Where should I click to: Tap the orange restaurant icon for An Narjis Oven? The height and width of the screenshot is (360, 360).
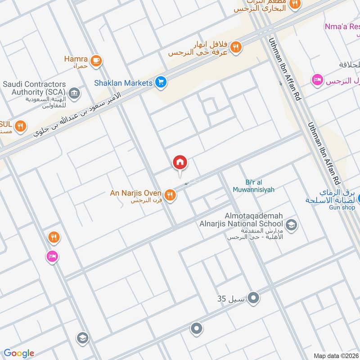170,195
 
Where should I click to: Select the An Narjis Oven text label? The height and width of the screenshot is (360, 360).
136,193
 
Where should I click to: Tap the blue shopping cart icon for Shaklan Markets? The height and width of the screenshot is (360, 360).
161,82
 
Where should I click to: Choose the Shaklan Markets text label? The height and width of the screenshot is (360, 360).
123,83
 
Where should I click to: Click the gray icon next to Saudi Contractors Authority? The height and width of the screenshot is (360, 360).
75,93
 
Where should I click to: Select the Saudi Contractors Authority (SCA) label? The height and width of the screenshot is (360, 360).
34,88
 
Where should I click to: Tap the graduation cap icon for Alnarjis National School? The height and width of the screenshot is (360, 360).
292,225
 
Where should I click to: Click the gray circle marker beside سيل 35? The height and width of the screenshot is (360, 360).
254,297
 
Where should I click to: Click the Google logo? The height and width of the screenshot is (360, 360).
19,353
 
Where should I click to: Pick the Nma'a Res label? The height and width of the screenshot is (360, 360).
342,27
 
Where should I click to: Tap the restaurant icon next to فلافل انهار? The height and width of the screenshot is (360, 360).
236,47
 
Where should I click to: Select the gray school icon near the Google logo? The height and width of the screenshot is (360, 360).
82,337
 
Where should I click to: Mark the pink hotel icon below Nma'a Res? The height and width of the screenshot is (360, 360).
317,80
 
